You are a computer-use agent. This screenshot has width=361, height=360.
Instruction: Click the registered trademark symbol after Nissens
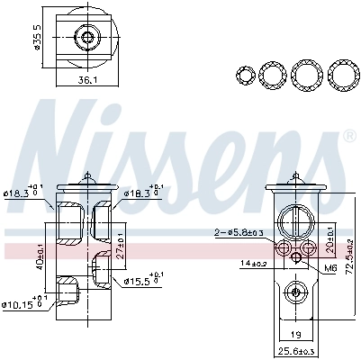[348, 136]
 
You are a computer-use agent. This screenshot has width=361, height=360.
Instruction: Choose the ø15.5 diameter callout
[144, 280]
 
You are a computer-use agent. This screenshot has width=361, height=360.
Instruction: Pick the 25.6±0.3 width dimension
[295, 349]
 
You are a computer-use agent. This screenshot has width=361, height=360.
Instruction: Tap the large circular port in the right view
[295, 220]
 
